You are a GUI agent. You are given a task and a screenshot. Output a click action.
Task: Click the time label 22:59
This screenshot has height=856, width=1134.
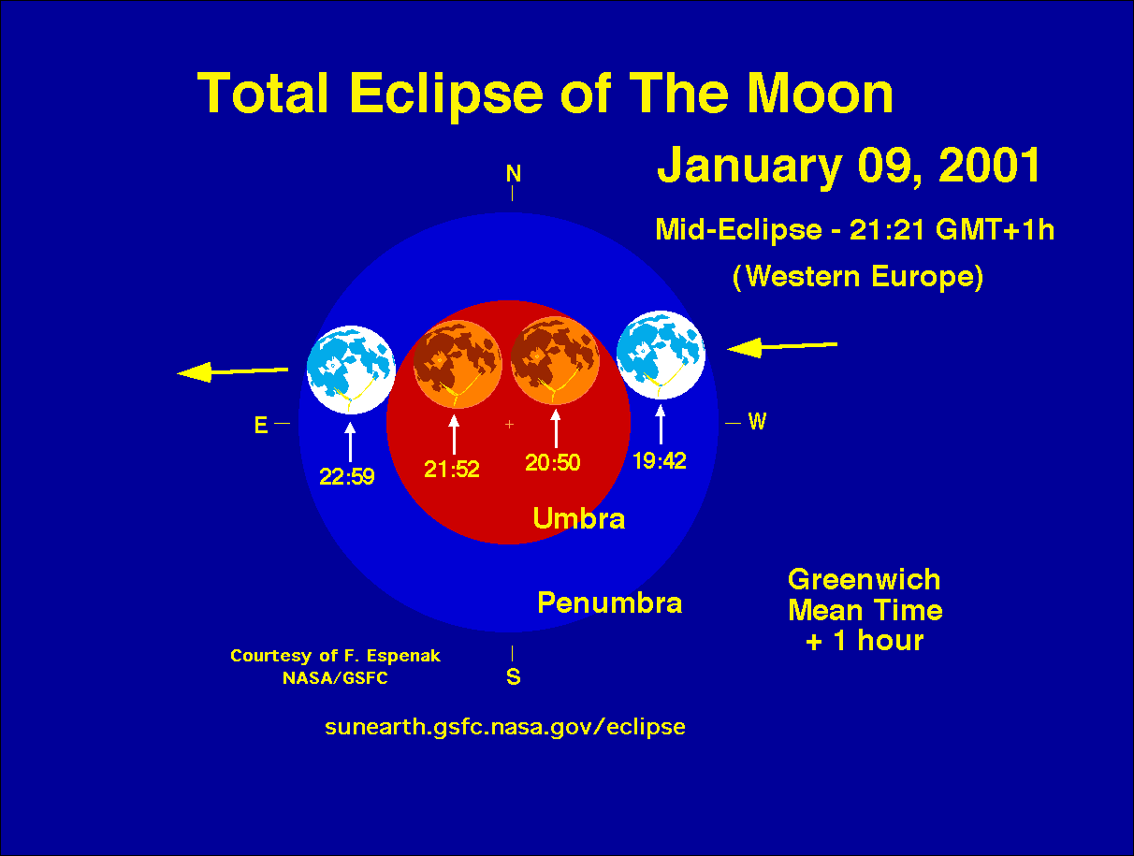347,477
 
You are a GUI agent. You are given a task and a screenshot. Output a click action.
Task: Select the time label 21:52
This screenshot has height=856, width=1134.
452,470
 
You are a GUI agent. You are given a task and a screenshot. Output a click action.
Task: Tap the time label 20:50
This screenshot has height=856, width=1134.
553,463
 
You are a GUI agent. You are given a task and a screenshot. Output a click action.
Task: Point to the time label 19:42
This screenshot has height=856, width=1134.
660,461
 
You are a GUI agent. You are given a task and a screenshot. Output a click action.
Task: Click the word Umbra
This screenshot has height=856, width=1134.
579,518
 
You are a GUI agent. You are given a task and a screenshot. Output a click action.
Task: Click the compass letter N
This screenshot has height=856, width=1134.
513,174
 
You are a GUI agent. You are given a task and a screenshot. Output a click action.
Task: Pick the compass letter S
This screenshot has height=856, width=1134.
513,676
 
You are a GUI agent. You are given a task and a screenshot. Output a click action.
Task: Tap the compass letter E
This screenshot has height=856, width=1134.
261,425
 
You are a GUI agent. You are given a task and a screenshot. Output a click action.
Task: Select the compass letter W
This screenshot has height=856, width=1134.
757,422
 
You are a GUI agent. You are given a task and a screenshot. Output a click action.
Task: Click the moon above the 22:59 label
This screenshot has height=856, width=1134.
351,370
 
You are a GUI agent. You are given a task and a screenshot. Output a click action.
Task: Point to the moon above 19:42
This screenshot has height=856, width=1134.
661,355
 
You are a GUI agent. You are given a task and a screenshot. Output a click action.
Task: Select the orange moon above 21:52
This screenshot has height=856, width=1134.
458,364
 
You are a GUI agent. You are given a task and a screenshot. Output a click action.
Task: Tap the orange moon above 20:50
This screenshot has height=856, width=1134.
555,360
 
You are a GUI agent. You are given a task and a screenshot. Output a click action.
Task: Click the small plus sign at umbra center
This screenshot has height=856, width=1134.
509,424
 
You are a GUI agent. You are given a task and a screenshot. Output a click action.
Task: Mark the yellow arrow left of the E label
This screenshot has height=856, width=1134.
232,371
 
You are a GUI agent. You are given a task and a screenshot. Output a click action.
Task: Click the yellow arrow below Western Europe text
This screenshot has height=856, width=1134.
782,347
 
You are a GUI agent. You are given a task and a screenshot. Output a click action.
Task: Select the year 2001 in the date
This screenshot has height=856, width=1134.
989,166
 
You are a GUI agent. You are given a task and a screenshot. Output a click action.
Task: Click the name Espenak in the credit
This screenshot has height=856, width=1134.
403,656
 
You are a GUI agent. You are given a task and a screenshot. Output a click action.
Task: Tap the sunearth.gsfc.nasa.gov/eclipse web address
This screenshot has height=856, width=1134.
504,728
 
